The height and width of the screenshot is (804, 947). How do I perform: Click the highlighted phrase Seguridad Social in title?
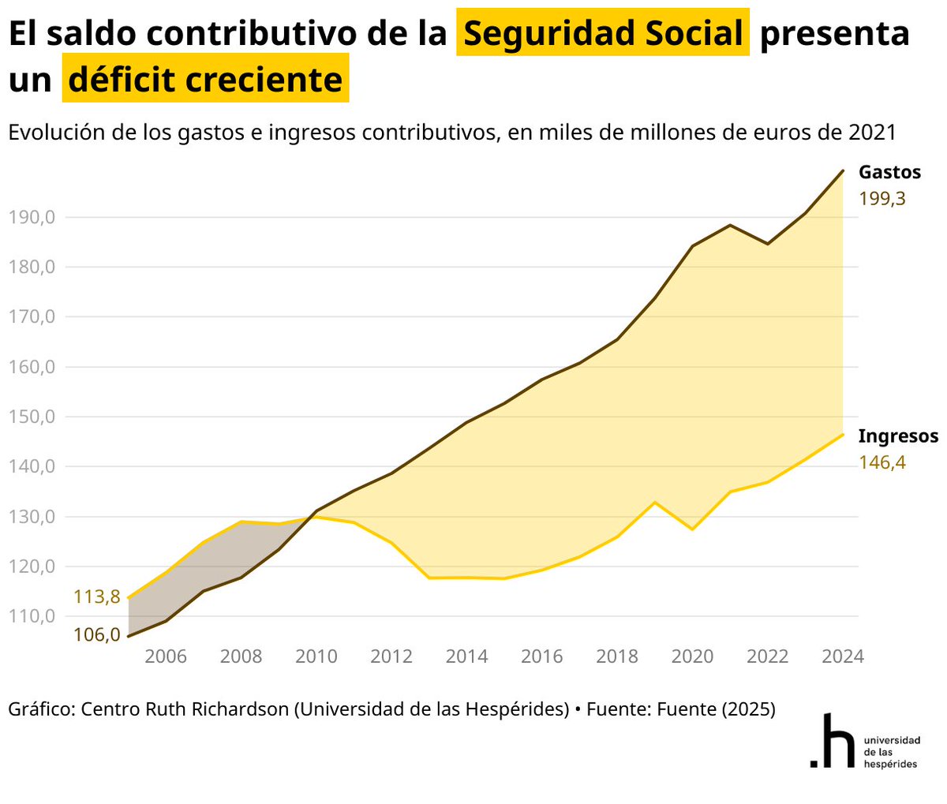click(603, 34)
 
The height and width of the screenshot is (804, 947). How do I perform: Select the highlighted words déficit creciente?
click(205, 80)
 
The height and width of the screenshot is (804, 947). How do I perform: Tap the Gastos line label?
click(889, 172)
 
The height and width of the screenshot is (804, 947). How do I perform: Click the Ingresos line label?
click(898, 436)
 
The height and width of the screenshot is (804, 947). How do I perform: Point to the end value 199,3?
click(881, 199)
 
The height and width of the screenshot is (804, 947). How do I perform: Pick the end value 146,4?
click(881, 462)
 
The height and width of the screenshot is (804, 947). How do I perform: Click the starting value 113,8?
click(96, 596)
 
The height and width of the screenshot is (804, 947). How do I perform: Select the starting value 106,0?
click(96, 634)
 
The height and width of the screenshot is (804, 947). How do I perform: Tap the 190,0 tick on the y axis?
click(32, 217)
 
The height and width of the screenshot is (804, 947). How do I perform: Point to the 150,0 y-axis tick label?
click(32, 417)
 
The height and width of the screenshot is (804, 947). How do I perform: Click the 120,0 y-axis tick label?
click(32, 567)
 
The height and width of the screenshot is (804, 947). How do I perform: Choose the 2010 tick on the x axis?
click(316, 656)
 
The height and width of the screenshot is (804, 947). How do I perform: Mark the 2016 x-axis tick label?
click(542, 656)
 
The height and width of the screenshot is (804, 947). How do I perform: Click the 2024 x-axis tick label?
click(843, 656)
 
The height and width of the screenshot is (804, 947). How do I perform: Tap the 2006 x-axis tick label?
click(166, 656)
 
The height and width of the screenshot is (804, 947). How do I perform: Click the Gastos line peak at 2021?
click(730, 226)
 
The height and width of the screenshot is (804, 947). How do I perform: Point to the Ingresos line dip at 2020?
click(692, 529)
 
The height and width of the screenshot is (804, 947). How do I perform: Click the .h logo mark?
click(833, 741)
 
